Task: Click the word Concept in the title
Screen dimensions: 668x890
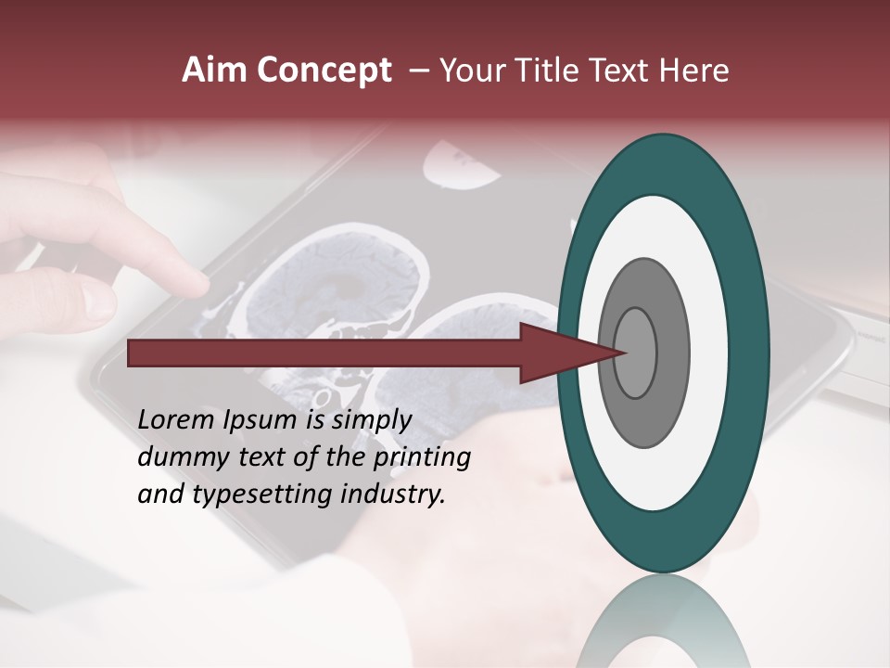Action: tap(324, 71)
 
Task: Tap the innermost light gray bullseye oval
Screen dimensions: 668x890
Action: tap(636, 353)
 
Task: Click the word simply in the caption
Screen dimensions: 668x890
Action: tap(371, 420)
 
